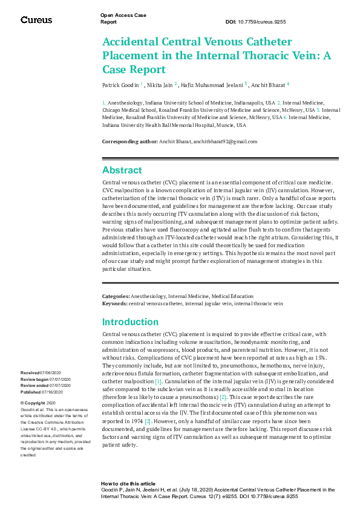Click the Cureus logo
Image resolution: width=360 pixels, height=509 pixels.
click(x=36, y=20)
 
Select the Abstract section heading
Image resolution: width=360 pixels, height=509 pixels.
click(x=122, y=170)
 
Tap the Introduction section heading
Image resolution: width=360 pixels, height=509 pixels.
click(x=130, y=322)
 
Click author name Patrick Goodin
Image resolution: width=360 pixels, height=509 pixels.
click(x=120, y=85)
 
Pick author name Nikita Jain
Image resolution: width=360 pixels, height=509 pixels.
click(x=159, y=85)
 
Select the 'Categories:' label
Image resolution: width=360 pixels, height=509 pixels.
click(x=116, y=297)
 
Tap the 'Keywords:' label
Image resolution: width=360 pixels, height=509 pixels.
click(x=114, y=303)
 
